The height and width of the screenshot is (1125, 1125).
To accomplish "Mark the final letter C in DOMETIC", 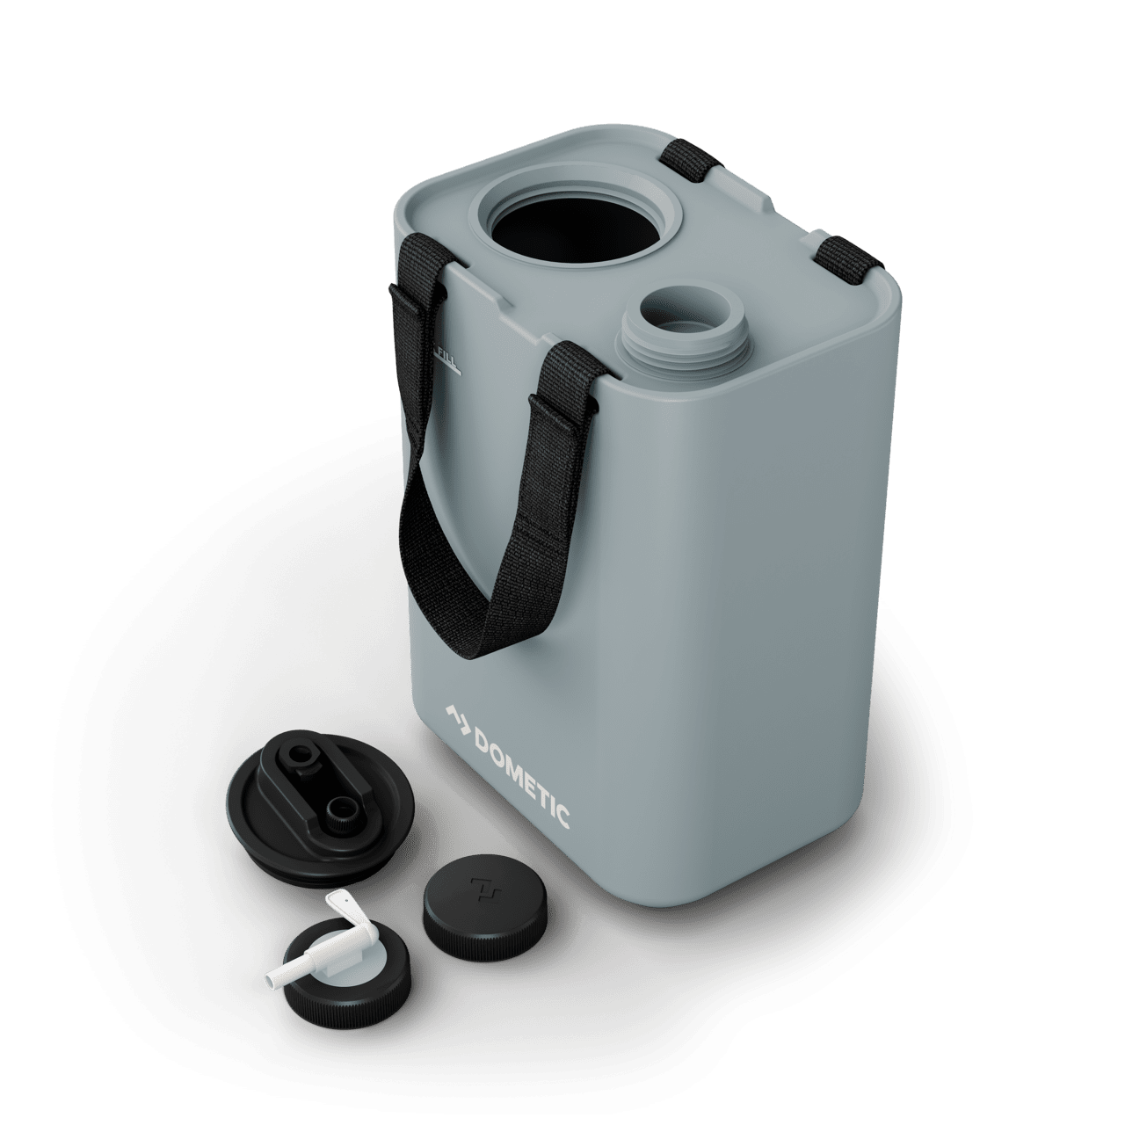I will coord(563,817).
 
